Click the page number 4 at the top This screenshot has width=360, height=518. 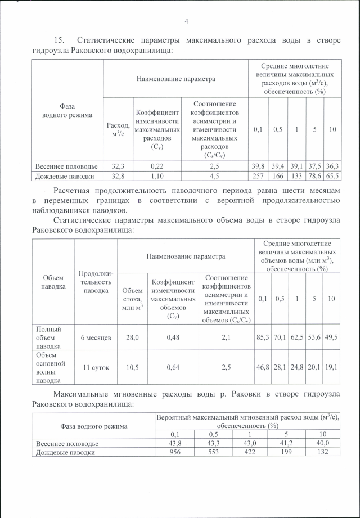click(186, 21)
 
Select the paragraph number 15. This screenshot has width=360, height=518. click(59, 40)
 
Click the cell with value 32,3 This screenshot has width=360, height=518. click(118, 166)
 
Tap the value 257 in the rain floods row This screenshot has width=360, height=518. click(258, 176)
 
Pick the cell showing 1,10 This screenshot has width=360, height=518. click(156, 176)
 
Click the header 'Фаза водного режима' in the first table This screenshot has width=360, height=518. click(67, 110)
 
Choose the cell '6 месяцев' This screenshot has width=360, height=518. click(96, 337)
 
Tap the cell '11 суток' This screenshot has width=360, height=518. click(96, 367)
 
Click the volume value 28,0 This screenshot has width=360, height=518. click(132, 337)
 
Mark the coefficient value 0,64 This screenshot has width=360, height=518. click(173, 367)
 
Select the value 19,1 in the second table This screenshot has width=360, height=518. click(332, 367)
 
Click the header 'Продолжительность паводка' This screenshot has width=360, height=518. click(96, 281)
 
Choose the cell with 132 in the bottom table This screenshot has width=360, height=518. click(322, 452)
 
